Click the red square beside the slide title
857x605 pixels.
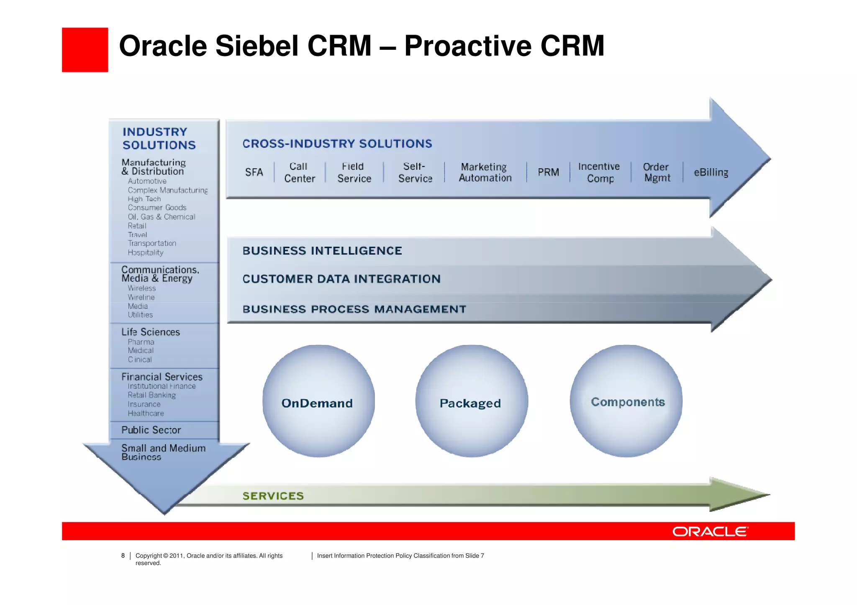pos(85,50)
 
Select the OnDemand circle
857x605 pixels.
pos(318,401)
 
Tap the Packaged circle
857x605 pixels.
pos(471,401)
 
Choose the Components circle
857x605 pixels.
pos(626,401)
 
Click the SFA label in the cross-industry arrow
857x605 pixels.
pos(254,172)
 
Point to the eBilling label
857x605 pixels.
pos(711,172)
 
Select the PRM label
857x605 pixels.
pos(548,172)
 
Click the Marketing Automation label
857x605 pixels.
pos(485,172)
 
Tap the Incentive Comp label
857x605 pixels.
pos(599,172)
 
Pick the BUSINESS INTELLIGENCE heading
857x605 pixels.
pos(322,251)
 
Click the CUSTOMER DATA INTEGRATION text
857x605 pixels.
pos(341,279)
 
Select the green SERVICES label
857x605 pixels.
pos(273,496)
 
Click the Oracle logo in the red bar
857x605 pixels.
pos(710,531)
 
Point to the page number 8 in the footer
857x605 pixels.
pos(123,556)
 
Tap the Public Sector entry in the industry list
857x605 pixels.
pos(151,430)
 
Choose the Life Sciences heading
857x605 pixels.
pos(151,332)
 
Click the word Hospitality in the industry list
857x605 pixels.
pos(146,253)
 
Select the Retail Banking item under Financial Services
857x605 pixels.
pos(152,395)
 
